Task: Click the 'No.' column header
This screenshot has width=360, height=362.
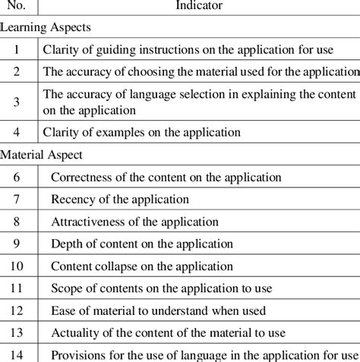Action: click(x=18, y=7)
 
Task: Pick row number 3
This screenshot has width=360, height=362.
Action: click(x=18, y=101)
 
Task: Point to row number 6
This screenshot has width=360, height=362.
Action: click(x=18, y=177)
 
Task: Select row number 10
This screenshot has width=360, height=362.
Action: click(x=18, y=266)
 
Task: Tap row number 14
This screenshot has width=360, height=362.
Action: click(x=18, y=354)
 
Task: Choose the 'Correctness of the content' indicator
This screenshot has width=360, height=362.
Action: click(x=166, y=177)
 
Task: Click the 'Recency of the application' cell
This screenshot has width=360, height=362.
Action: click(x=120, y=200)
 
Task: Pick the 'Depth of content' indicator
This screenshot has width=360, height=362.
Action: click(x=142, y=244)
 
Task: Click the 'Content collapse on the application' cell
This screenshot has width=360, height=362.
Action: click(x=143, y=266)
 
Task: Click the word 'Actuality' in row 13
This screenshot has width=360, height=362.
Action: click(x=74, y=333)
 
